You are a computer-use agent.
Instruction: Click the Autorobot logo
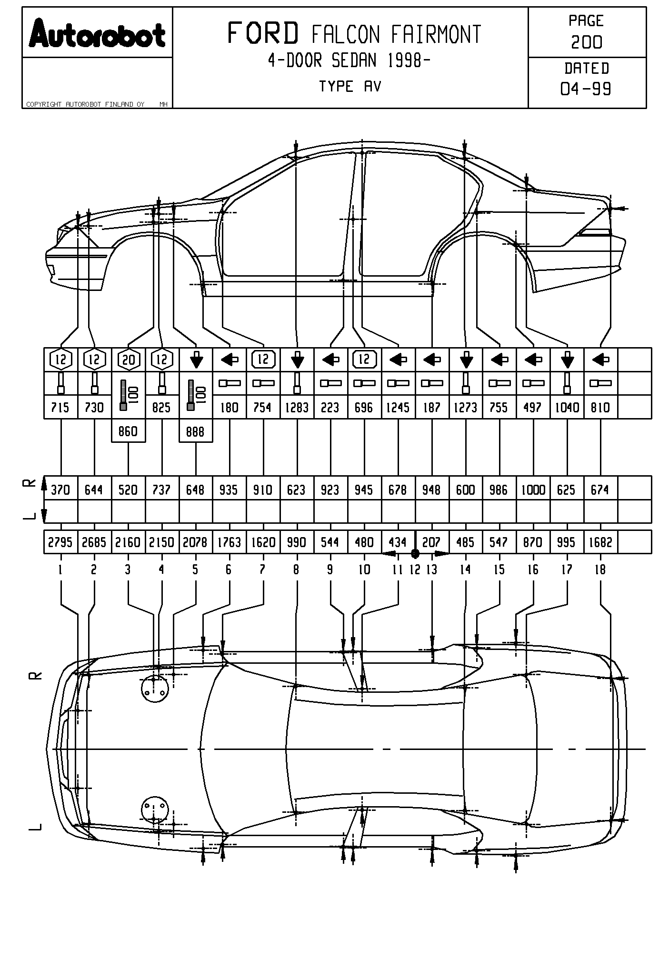[x=97, y=34]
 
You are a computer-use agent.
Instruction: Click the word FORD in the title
[x=263, y=33]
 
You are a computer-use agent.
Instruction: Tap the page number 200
[x=587, y=42]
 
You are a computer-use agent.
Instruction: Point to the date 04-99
[x=586, y=89]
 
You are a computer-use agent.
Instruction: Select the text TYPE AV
[x=350, y=87]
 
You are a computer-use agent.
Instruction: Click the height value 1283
[x=297, y=408]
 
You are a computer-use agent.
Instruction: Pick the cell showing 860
[x=128, y=431]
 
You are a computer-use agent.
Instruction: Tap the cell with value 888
[x=195, y=431]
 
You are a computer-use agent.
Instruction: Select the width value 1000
[x=533, y=489]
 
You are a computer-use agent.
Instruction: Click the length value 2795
[x=60, y=542]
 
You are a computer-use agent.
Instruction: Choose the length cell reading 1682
[x=600, y=542]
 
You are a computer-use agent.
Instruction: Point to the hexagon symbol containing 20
[x=129, y=360]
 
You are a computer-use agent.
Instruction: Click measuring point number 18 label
[x=600, y=569]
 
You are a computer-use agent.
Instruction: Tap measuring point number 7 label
[x=263, y=569]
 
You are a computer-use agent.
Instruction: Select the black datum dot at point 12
[x=415, y=553]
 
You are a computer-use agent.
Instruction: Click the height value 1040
[x=567, y=408]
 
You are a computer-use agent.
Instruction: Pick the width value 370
[x=60, y=489]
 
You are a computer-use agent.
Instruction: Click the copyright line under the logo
[x=85, y=104]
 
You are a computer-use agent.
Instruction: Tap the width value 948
[x=431, y=489]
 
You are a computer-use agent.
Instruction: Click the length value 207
[x=431, y=542]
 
